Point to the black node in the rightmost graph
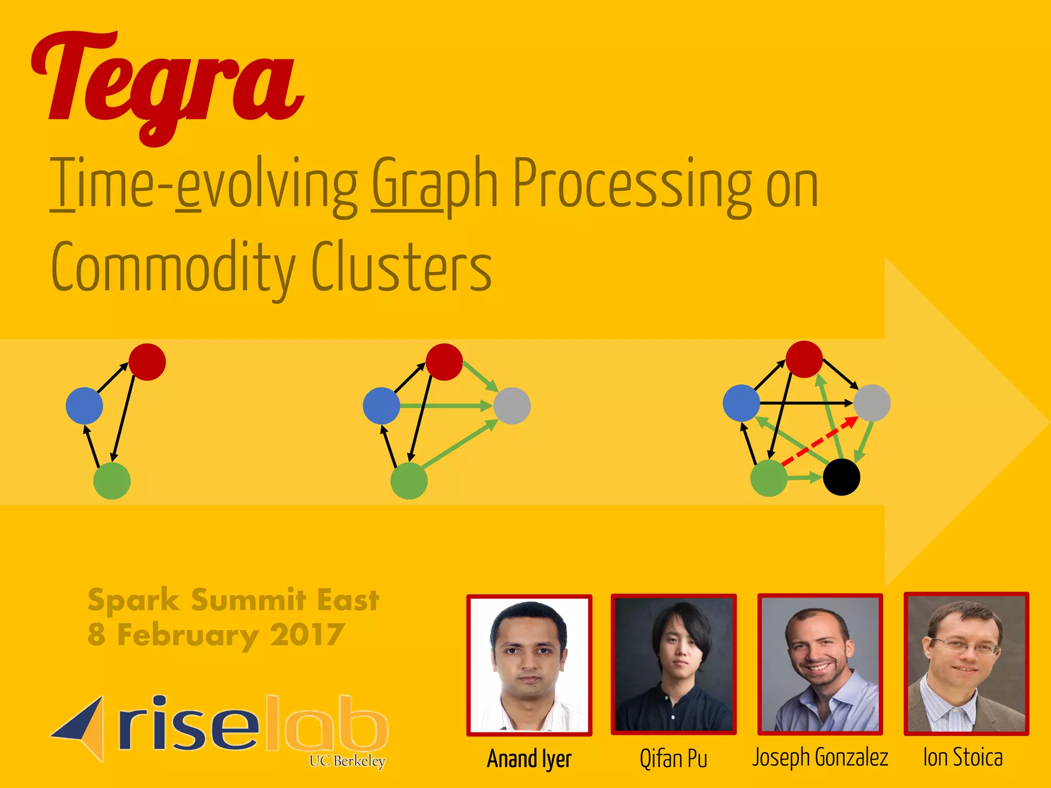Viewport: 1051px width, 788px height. point(842,477)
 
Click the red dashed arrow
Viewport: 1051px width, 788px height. point(819,442)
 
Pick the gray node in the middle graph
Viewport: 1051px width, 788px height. point(512,406)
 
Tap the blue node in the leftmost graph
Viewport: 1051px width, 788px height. point(85,406)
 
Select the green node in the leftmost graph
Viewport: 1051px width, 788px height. point(112,481)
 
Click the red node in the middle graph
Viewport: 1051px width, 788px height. point(444,362)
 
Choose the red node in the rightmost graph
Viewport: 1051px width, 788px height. point(804,359)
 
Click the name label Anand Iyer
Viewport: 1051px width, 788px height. point(529,759)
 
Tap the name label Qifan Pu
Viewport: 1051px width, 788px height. point(673,759)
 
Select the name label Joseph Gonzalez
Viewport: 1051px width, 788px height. point(820,758)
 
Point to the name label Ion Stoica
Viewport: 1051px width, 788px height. point(963,758)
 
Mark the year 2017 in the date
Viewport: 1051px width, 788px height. point(307,635)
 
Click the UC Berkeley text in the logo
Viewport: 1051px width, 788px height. point(347,761)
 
